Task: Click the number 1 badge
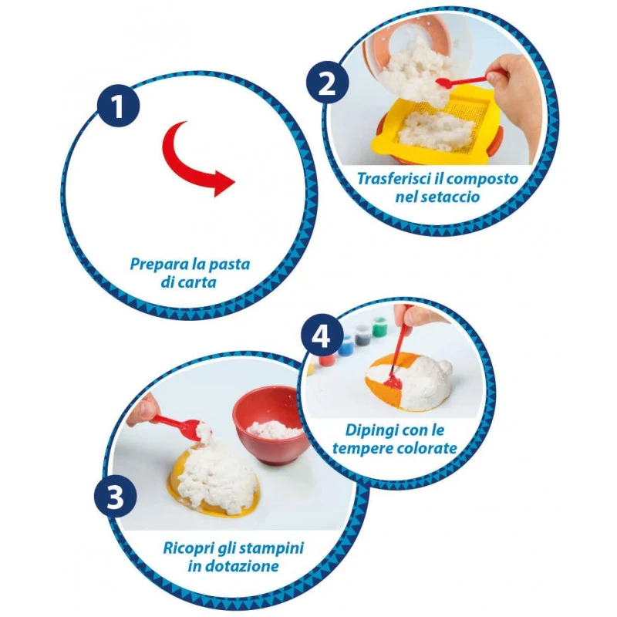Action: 118,106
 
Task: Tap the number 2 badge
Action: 327,83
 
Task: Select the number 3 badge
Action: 115,496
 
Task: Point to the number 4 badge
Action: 322,335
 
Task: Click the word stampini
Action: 271,548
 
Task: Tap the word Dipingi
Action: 369,430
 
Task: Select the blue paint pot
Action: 346,346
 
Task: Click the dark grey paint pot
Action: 361,335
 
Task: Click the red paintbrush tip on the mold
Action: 391,381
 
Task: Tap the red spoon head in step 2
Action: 444,83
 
